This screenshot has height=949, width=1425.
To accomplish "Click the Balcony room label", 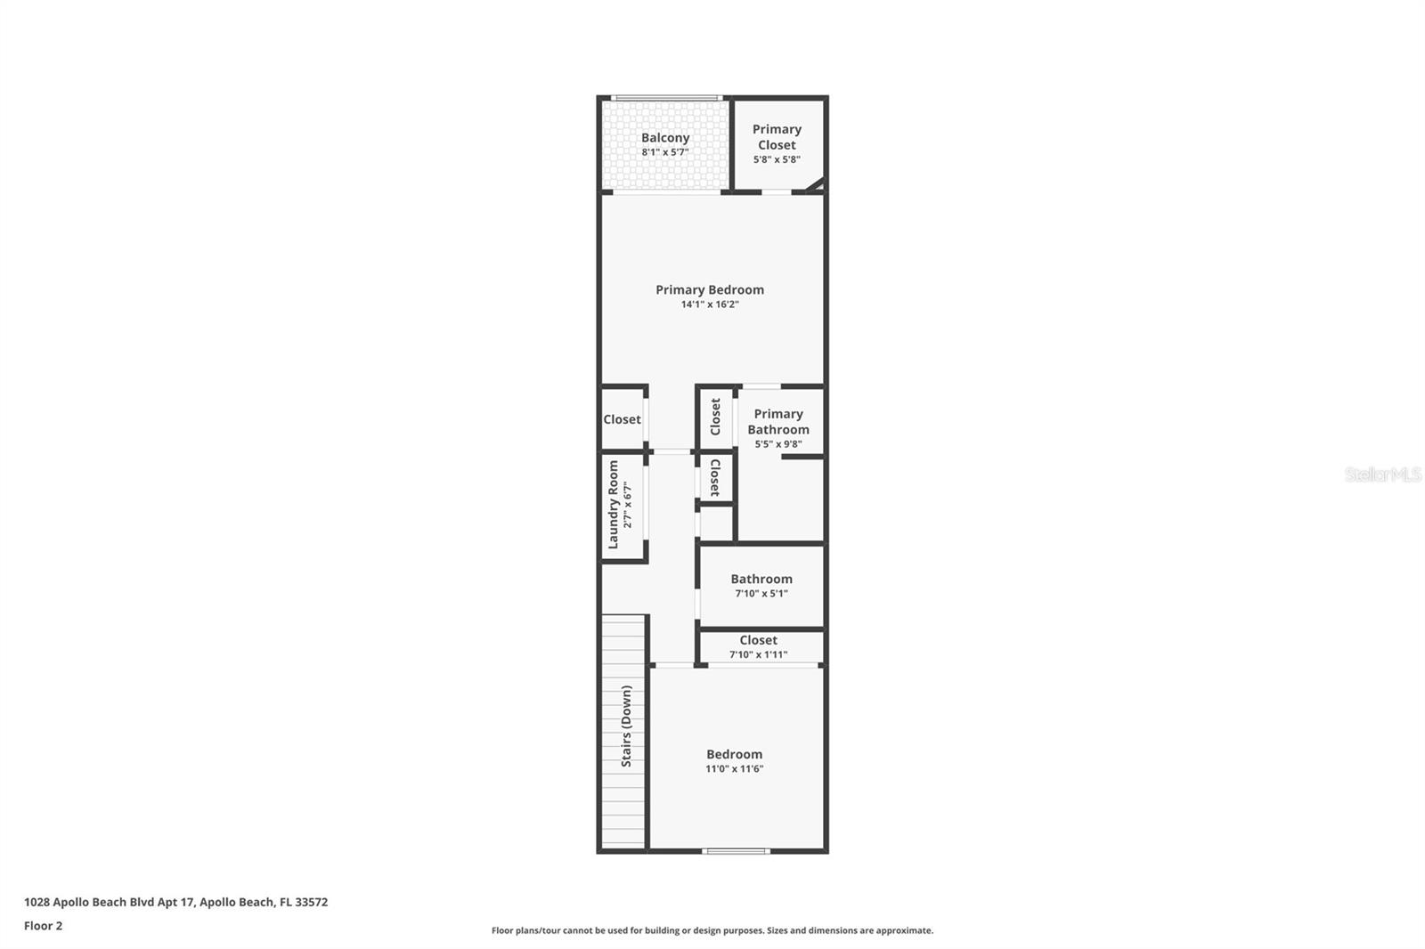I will pyautogui.click(x=665, y=138).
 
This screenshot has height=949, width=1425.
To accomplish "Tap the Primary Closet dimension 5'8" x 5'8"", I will pyautogui.click(x=777, y=160).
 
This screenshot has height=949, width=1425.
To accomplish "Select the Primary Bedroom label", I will pyautogui.click(x=710, y=289).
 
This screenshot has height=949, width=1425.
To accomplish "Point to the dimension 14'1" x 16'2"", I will pyautogui.click(x=710, y=304).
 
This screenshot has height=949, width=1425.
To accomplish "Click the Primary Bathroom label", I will pyautogui.click(x=778, y=421).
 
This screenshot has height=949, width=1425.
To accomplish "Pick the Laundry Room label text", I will pyautogui.click(x=613, y=504).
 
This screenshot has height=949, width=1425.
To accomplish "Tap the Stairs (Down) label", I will pyautogui.click(x=626, y=726).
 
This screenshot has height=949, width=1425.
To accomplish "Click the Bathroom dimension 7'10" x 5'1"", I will pyautogui.click(x=761, y=594).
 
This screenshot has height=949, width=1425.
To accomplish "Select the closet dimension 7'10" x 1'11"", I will pyautogui.click(x=758, y=655).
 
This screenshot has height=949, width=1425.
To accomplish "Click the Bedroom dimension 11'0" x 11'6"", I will pyautogui.click(x=735, y=769).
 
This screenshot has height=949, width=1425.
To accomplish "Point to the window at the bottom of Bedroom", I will pyautogui.click(x=736, y=851).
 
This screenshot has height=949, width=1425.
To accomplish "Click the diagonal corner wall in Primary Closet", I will pyautogui.click(x=814, y=185).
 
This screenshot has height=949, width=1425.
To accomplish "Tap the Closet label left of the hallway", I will pyautogui.click(x=622, y=419).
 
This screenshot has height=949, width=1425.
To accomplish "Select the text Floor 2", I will pyautogui.click(x=43, y=926).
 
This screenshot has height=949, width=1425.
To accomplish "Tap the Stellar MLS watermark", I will pyautogui.click(x=1382, y=474).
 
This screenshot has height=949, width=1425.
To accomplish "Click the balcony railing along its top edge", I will pyautogui.click(x=665, y=98).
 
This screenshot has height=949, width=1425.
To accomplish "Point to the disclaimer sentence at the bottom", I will pyautogui.click(x=712, y=930).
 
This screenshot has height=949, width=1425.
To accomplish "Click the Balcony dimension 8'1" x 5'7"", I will pyautogui.click(x=665, y=152).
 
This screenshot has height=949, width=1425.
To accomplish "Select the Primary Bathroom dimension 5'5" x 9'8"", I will pyautogui.click(x=778, y=444).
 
